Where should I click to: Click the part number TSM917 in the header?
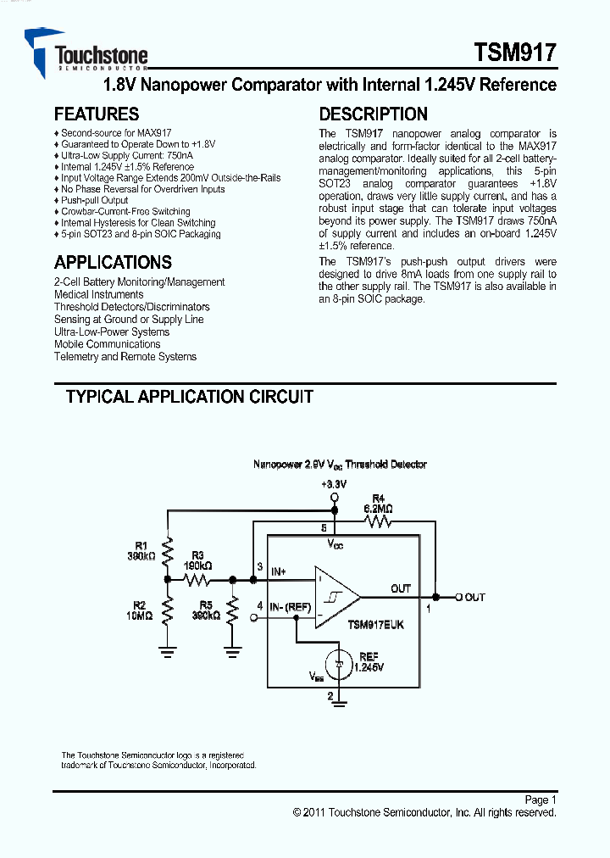[515, 53]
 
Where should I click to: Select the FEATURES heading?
[96, 114]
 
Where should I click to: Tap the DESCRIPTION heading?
[373, 114]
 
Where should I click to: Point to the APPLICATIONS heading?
[113, 263]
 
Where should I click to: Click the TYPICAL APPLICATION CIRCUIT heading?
[189, 397]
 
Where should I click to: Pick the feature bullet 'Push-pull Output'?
[94, 201]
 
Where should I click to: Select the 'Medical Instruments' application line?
[98, 294]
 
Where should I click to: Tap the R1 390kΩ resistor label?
[141, 551]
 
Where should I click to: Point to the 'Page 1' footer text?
[540, 799]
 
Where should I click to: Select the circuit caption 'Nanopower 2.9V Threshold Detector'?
[340, 465]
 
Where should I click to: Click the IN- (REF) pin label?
[291, 606]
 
